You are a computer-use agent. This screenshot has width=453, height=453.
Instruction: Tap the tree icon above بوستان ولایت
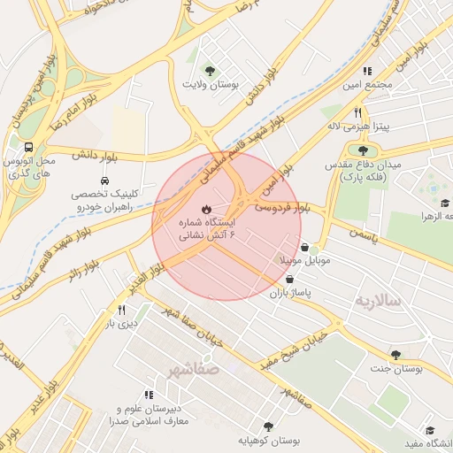tap(210, 70)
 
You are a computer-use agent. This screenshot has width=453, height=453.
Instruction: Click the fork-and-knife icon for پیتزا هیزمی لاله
tap(358, 112)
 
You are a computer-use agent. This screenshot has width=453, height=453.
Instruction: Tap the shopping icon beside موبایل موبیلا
tap(305, 247)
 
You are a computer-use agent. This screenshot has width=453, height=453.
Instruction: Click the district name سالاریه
tap(379, 301)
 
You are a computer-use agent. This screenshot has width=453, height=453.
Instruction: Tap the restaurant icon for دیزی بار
tap(121, 310)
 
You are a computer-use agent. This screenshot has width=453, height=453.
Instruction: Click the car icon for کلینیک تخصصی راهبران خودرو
tap(105, 181)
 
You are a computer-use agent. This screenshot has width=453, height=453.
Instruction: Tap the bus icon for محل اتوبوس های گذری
tap(29, 147)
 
